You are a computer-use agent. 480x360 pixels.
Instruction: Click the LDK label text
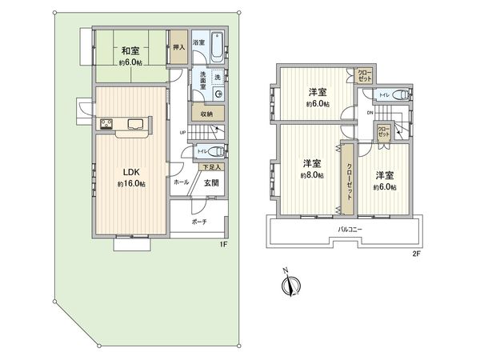[130, 170]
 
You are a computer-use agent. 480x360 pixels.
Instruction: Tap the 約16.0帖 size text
[130, 183]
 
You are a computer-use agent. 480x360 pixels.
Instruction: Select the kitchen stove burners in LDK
[106, 124]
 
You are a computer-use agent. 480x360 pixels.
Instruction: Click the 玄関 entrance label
[210, 183]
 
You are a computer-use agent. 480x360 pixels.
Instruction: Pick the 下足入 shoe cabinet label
[210, 167]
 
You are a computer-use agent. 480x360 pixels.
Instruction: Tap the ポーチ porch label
[198, 222]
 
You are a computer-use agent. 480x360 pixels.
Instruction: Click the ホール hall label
[181, 182]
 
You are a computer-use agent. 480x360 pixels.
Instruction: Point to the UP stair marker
[182, 133]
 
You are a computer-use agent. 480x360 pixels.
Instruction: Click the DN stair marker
[370, 113]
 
